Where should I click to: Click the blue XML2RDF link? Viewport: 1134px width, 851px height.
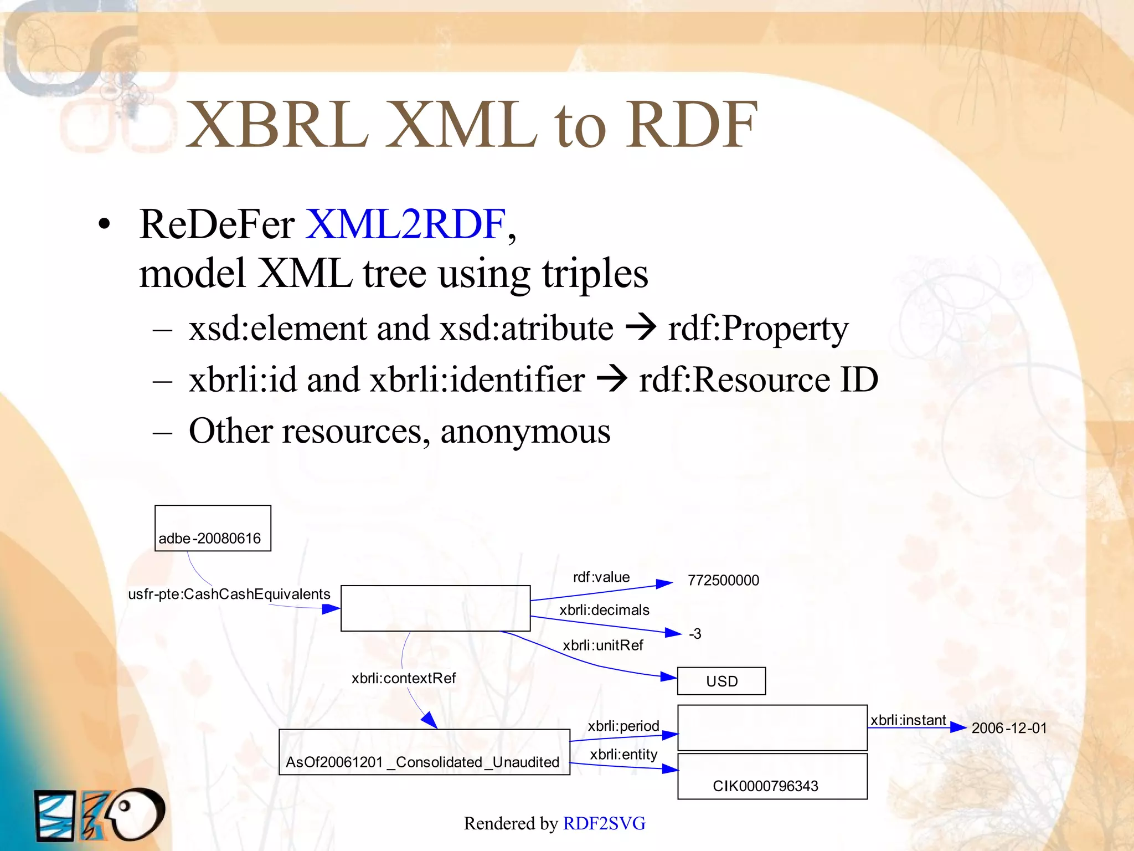(x=405, y=224)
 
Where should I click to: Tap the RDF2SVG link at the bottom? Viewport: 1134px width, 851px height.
(x=604, y=823)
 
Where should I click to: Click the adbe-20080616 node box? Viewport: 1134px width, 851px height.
(x=213, y=529)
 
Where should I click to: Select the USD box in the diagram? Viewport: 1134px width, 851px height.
(x=721, y=681)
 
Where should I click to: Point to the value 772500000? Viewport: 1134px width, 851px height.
(x=723, y=580)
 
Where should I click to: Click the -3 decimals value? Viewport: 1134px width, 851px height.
(x=695, y=634)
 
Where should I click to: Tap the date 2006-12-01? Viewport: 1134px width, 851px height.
(x=1009, y=728)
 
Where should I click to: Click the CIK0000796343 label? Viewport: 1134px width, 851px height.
(x=765, y=786)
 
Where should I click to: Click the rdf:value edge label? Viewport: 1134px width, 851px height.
(x=601, y=577)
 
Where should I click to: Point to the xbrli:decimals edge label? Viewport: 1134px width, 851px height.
(x=604, y=610)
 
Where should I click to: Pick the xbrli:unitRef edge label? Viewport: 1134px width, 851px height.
(x=603, y=645)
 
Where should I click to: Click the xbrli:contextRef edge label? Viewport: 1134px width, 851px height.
(x=404, y=678)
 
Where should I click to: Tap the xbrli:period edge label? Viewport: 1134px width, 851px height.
(x=623, y=726)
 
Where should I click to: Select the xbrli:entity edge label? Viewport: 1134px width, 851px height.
(x=623, y=755)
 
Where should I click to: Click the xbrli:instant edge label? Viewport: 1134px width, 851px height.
(x=908, y=720)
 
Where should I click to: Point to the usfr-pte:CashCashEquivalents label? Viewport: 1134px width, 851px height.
(x=229, y=594)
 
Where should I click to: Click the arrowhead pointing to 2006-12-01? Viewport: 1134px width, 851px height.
(x=958, y=727)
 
